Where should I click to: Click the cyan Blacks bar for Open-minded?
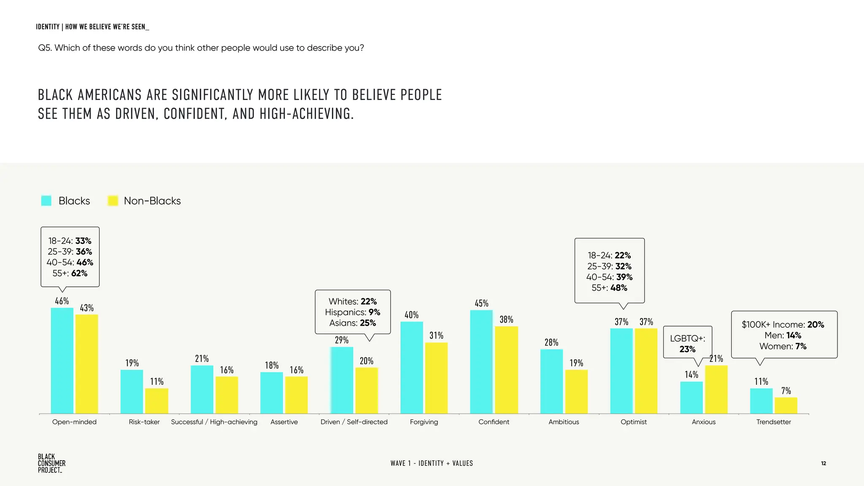(x=62, y=361)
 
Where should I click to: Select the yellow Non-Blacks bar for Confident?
(x=506, y=370)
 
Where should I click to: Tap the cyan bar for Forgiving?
(x=411, y=367)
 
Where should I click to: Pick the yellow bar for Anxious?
(x=716, y=389)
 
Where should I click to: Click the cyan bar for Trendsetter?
(x=761, y=401)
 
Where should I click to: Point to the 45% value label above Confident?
(x=481, y=303)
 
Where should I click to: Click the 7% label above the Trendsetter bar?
(x=786, y=391)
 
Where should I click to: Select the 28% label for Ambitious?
(x=551, y=342)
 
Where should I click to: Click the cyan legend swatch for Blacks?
(x=46, y=201)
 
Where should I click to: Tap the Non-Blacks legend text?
(x=152, y=201)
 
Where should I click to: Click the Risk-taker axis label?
(x=144, y=422)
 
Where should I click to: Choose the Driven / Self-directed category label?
(x=354, y=422)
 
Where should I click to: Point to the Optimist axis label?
(x=634, y=422)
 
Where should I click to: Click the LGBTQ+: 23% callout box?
(x=687, y=343)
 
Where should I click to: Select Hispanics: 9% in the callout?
(x=352, y=312)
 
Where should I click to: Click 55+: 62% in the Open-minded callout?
(x=70, y=273)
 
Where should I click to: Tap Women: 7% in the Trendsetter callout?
(x=783, y=346)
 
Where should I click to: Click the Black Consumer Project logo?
(x=51, y=463)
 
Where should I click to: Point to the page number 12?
(x=823, y=463)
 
